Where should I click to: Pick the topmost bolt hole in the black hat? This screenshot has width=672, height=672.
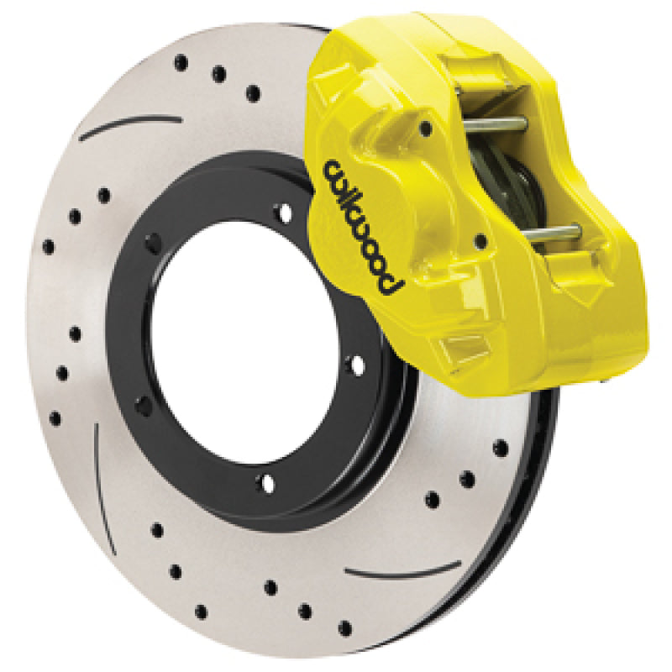(285, 209)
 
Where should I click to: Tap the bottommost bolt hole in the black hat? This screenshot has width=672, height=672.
(267, 482)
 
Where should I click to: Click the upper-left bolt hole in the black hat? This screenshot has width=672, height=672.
(154, 244)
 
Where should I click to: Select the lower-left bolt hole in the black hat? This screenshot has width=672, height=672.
(144, 405)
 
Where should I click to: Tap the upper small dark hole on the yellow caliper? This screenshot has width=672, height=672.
(426, 129)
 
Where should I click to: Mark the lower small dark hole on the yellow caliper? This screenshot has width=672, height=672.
(480, 242)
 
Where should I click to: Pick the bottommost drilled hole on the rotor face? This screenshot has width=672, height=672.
(345, 627)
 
